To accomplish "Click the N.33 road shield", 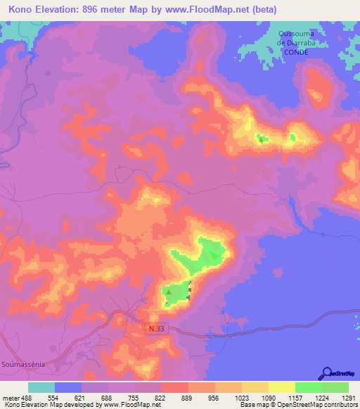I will tap(157, 328).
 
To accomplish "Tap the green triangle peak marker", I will tap(168, 290).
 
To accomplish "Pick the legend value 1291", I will tap(349, 397).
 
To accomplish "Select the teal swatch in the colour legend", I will tap(41, 387).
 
